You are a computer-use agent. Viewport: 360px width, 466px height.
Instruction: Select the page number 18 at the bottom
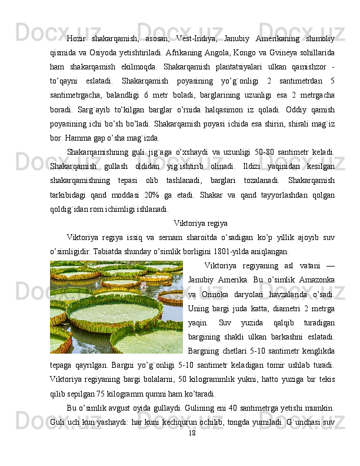pos(191,433)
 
